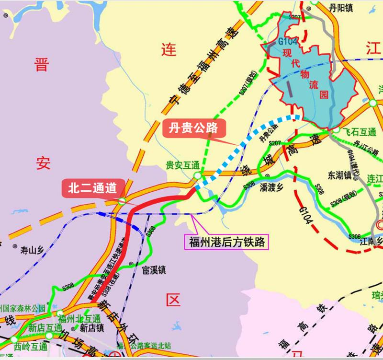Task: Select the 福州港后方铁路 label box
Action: coord(226,240)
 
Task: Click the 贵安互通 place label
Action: coord(182,165)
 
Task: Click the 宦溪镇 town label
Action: coord(154,270)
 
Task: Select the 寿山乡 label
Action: coord(32,250)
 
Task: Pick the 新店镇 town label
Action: coord(92,328)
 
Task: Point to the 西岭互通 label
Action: coord(31,346)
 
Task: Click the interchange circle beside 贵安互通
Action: coord(197,177)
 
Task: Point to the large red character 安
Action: coord(42,164)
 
